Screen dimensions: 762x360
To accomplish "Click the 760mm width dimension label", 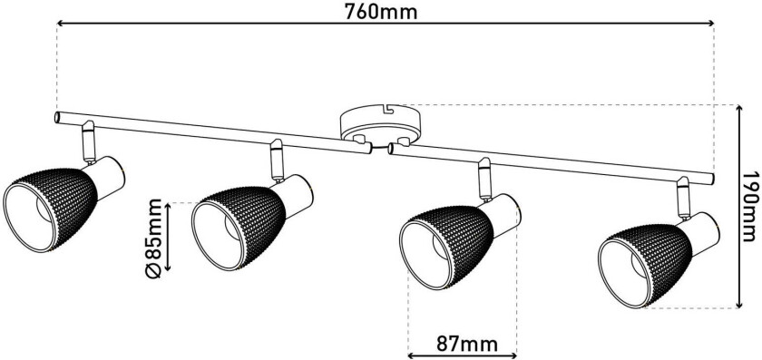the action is pyautogui.click(x=380, y=11).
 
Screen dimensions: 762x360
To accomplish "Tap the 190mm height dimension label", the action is pyautogui.click(x=752, y=207).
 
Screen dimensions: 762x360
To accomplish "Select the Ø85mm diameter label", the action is pyautogui.click(x=154, y=238).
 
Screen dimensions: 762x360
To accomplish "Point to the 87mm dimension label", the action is pyautogui.click(x=467, y=345).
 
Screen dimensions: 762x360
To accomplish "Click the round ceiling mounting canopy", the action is pyautogui.click(x=380, y=125).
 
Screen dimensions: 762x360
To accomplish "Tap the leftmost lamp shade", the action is pyautogui.click(x=51, y=209).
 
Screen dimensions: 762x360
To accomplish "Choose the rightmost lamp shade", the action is pyautogui.click(x=645, y=266).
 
